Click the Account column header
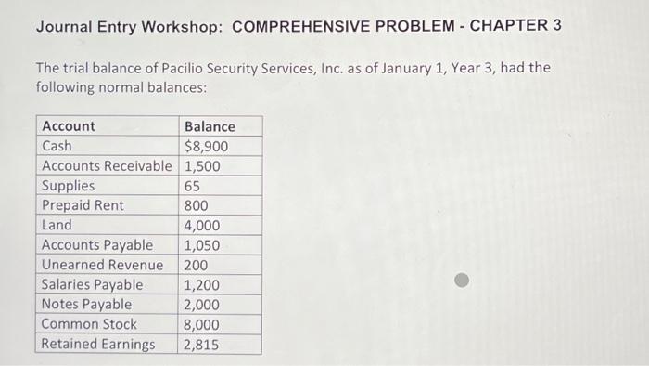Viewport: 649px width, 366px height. (x=69, y=126)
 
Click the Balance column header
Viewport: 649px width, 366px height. (x=210, y=126)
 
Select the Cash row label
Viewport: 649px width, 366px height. (x=57, y=147)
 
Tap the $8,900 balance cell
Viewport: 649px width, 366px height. (x=207, y=147)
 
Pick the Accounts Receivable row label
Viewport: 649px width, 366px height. (x=107, y=166)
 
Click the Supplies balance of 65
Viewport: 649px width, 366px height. (x=192, y=186)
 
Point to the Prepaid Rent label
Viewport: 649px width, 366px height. (x=83, y=205)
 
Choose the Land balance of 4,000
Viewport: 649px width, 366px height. (x=202, y=225)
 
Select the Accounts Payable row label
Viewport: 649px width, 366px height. (x=97, y=245)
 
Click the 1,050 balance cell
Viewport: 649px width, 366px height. (x=202, y=245)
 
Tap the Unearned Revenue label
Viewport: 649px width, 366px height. (x=102, y=265)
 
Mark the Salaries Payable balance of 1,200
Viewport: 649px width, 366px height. (x=202, y=285)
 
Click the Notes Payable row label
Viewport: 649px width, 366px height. (x=86, y=305)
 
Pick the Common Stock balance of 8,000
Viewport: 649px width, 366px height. (x=202, y=324)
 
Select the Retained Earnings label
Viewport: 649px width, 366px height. (x=98, y=345)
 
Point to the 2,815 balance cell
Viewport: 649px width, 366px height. (x=202, y=345)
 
